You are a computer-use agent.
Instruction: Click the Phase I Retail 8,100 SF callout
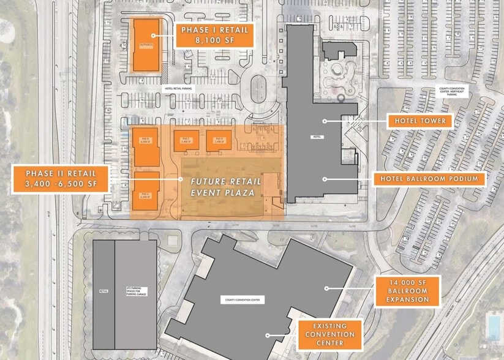[214, 35]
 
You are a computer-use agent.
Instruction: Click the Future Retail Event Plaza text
[222, 187]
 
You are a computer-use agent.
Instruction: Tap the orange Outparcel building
[146, 44]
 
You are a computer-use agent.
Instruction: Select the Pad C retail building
[186, 140]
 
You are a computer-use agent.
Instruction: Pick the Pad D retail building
[218, 140]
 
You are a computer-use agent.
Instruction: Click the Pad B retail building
[146, 145]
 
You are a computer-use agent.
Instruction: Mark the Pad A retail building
[146, 190]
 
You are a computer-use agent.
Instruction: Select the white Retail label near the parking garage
[103, 291]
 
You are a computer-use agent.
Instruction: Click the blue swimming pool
[493, 326]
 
